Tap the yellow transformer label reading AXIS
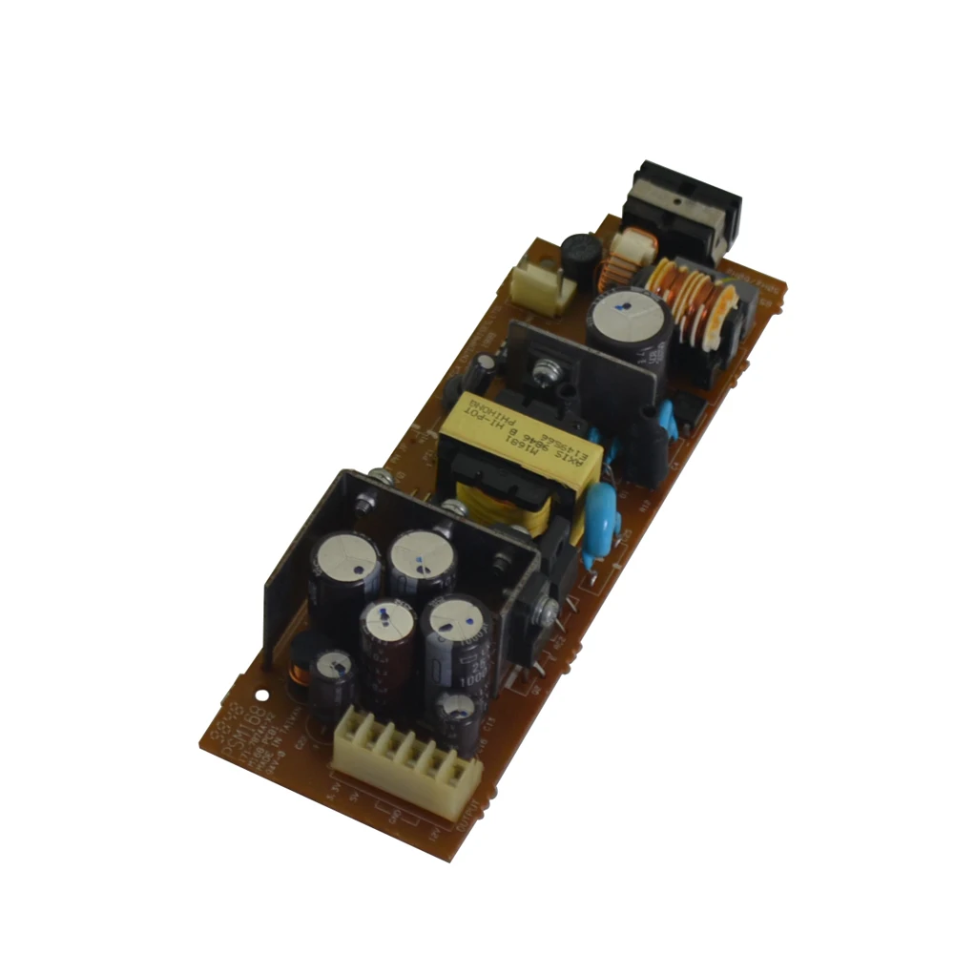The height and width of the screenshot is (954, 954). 520,434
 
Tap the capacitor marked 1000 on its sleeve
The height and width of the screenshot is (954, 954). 456,649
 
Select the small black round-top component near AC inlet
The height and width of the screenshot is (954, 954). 580,255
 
